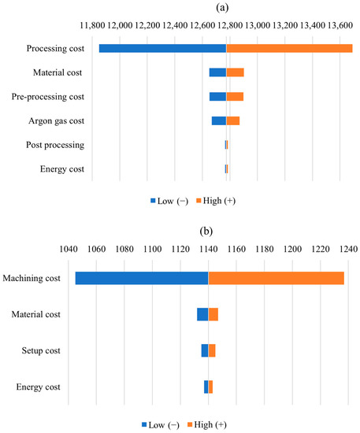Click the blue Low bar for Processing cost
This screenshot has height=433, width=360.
pyautogui.click(x=162, y=49)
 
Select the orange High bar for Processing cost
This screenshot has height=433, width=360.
pyautogui.click(x=289, y=49)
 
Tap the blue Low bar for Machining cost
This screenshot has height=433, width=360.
pyautogui.click(x=142, y=278)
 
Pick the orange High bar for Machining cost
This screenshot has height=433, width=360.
pyautogui.click(x=276, y=278)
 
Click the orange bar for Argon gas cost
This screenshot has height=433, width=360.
pyautogui.click(x=232, y=120)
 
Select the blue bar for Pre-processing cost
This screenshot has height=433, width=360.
pyautogui.click(x=217, y=97)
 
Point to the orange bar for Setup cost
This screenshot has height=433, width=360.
pyautogui.click(x=212, y=350)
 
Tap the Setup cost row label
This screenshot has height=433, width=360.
pyautogui.click(x=65, y=351)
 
